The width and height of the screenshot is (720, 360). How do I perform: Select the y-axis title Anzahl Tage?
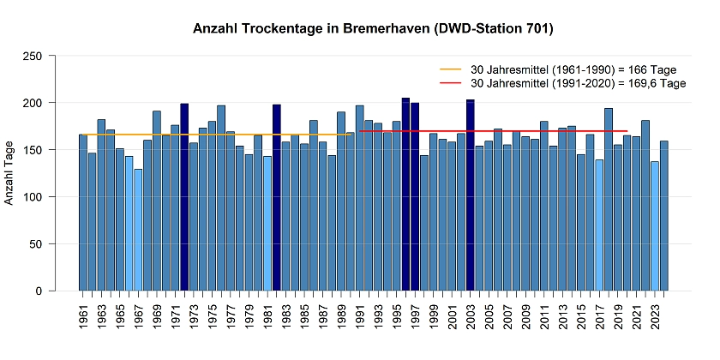click(x=10, y=173)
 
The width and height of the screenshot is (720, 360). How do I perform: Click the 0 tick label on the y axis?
click(x=40, y=291)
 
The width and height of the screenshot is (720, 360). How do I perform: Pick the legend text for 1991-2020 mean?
click(x=579, y=83)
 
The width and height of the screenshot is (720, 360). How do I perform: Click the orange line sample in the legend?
click(x=450, y=69)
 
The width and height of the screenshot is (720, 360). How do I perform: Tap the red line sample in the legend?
click(x=450, y=83)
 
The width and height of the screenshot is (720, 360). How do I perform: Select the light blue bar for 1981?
click(x=267, y=224)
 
